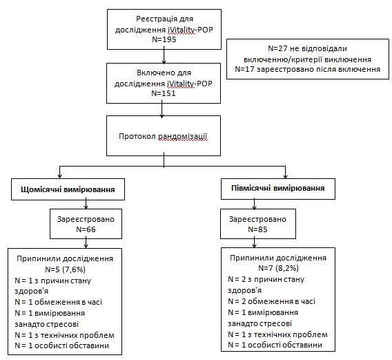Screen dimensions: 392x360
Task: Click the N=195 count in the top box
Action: click(164, 39)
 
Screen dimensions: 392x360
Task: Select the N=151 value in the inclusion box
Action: click(164, 93)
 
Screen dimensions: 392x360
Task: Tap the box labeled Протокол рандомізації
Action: click(164, 135)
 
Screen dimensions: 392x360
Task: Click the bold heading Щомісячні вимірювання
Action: click(68, 189)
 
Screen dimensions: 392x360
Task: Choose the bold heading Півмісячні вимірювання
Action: click(277, 188)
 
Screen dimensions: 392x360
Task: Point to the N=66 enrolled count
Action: click(86, 229)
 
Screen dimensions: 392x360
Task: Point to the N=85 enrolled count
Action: click(257, 229)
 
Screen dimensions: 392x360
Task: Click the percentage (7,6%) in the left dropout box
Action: click(74, 269)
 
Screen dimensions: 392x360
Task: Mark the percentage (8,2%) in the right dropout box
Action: click(287, 268)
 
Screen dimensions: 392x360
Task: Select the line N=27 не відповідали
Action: click(307, 48)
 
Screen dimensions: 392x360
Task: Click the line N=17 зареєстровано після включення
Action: click(308, 69)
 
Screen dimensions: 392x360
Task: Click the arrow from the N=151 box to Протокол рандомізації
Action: click(162, 109)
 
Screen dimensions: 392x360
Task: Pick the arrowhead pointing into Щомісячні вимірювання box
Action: click(59, 176)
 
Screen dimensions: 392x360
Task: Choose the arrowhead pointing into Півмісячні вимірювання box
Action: click(285, 176)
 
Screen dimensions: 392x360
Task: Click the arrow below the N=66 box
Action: click(86, 243)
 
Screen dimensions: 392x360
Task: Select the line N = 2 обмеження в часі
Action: click(271, 301)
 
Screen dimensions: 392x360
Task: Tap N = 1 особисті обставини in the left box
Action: click(61, 345)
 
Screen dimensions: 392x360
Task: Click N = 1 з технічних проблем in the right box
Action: click(277, 334)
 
